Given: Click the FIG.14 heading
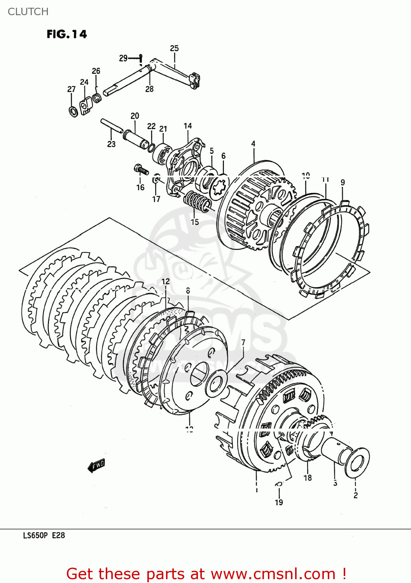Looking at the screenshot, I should pyautogui.click(x=66, y=34).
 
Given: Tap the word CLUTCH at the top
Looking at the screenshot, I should pyautogui.click(x=28, y=12).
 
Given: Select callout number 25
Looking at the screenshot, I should pyautogui.click(x=174, y=48).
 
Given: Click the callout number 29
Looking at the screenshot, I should pyautogui.click(x=123, y=58).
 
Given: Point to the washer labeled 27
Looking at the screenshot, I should pyautogui.click(x=73, y=112).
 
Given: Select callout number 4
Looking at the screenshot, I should pyautogui.click(x=253, y=144).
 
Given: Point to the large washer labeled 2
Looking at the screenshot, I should pyautogui.click(x=356, y=463).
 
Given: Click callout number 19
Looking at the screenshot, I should pyautogui.click(x=279, y=502).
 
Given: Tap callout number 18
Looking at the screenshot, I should pyautogui.click(x=308, y=478).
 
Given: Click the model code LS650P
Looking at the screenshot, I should pyautogui.click(x=35, y=536).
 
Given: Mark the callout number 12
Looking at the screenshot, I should pyautogui.click(x=166, y=281).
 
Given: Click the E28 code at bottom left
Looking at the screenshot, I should pyautogui.click(x=58, y=536).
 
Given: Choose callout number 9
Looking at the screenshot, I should pyautogui.click(x=343, y=182).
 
